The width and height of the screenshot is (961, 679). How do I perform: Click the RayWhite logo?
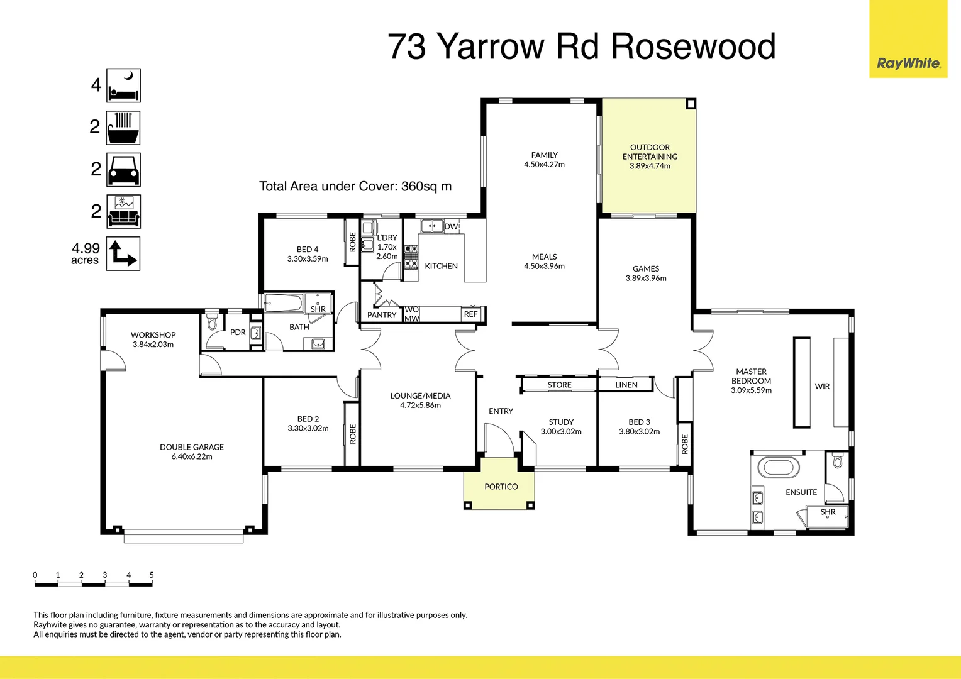coord(908,63)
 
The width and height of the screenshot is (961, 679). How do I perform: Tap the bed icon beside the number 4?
coord(123,86)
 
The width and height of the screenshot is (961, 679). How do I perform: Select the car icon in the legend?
coord(123,170)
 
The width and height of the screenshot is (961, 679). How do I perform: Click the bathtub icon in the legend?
coord(123,128)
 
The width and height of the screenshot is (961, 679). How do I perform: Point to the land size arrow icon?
coord(123,253)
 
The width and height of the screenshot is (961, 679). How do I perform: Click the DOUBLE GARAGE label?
coord(192,447)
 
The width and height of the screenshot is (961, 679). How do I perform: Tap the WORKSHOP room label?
coord(153,335)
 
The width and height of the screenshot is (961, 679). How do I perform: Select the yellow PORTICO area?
coord(501,487)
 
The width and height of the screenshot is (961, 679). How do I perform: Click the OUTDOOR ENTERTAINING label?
coord(650,152)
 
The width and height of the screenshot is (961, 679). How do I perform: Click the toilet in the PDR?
coord(212,323)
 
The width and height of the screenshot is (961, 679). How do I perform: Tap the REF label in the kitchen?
coord(470,314)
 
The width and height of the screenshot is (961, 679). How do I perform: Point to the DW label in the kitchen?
coord(451,226)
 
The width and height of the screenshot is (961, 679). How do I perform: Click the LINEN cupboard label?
coord(626,385)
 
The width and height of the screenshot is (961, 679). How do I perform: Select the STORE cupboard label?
coord(559,385)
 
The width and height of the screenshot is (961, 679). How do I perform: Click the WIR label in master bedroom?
coord(822,386)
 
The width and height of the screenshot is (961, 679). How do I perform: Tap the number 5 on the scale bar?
coord(152,575)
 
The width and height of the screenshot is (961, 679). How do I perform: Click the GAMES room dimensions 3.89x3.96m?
coord(646,278)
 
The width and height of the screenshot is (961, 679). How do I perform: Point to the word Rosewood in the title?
coord(693,47)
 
